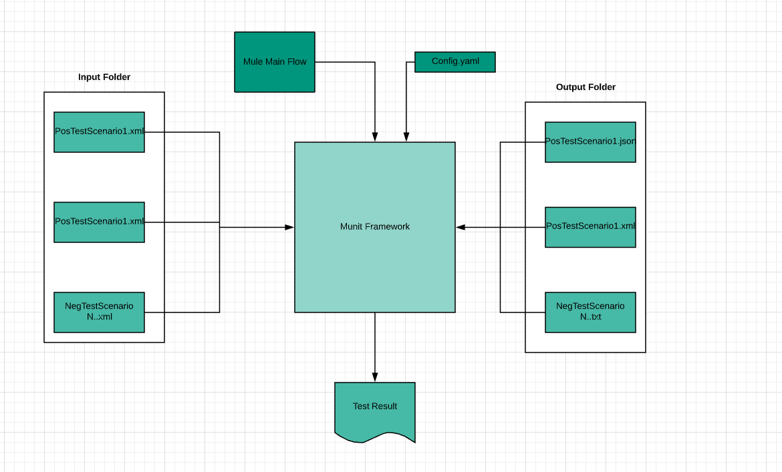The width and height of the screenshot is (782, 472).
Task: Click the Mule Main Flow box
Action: pos(274,62)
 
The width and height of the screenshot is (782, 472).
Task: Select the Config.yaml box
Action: pos(454,61)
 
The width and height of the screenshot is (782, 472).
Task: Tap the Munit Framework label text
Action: pos(374,227)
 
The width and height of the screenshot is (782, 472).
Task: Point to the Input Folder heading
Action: pos(104,77)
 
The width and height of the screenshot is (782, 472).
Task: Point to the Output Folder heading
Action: pos(585,87)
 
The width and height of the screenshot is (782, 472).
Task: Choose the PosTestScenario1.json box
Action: pos(590,142)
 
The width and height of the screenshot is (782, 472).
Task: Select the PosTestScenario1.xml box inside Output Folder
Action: pos(590,227)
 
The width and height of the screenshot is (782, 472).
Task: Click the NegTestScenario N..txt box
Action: pos(590,312)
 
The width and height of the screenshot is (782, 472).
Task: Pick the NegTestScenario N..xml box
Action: pos(99,312)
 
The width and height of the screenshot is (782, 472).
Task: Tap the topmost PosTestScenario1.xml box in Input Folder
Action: pos(99,132)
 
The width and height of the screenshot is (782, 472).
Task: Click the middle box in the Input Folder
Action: pos(99,222)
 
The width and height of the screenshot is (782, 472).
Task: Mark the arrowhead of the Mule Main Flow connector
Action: pos(375,137)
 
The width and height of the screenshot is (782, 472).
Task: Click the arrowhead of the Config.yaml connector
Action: pos(406,137)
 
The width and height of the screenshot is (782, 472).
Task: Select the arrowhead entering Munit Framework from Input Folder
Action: pos(289,228)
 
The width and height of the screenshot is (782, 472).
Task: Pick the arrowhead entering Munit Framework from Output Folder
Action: pos(461,228)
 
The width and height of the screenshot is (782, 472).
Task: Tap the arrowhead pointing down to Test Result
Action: pos(375,377)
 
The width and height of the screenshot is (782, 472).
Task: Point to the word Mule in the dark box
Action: pos(253,62)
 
